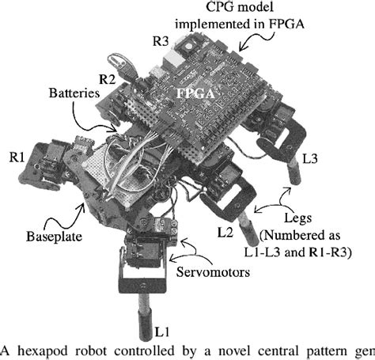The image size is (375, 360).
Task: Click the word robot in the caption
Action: coord(108,351)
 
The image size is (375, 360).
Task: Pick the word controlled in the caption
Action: coord(171,351)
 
